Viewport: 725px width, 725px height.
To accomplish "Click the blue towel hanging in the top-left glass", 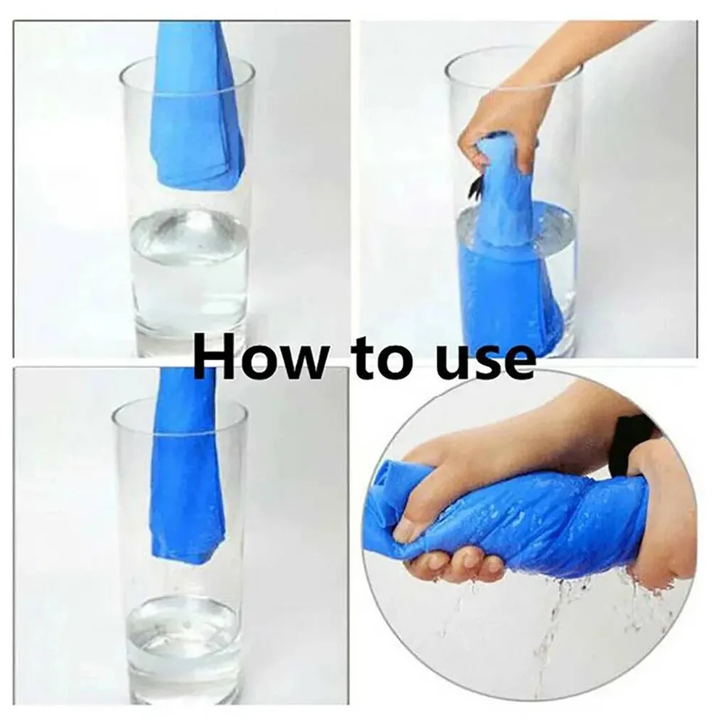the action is click(x=199, y=104).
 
